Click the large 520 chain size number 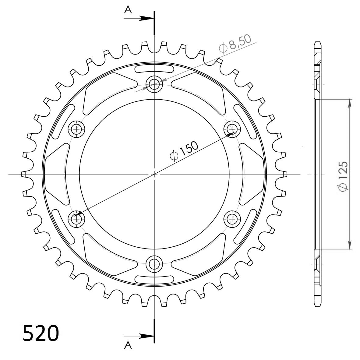point(41,333)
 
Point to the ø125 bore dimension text point(344,176)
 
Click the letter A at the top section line point(128,10)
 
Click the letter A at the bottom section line point(128,345)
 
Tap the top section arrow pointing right point(139,18)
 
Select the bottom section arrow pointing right point(139,336)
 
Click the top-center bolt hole point(154,84)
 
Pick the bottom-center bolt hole point(154,264)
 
